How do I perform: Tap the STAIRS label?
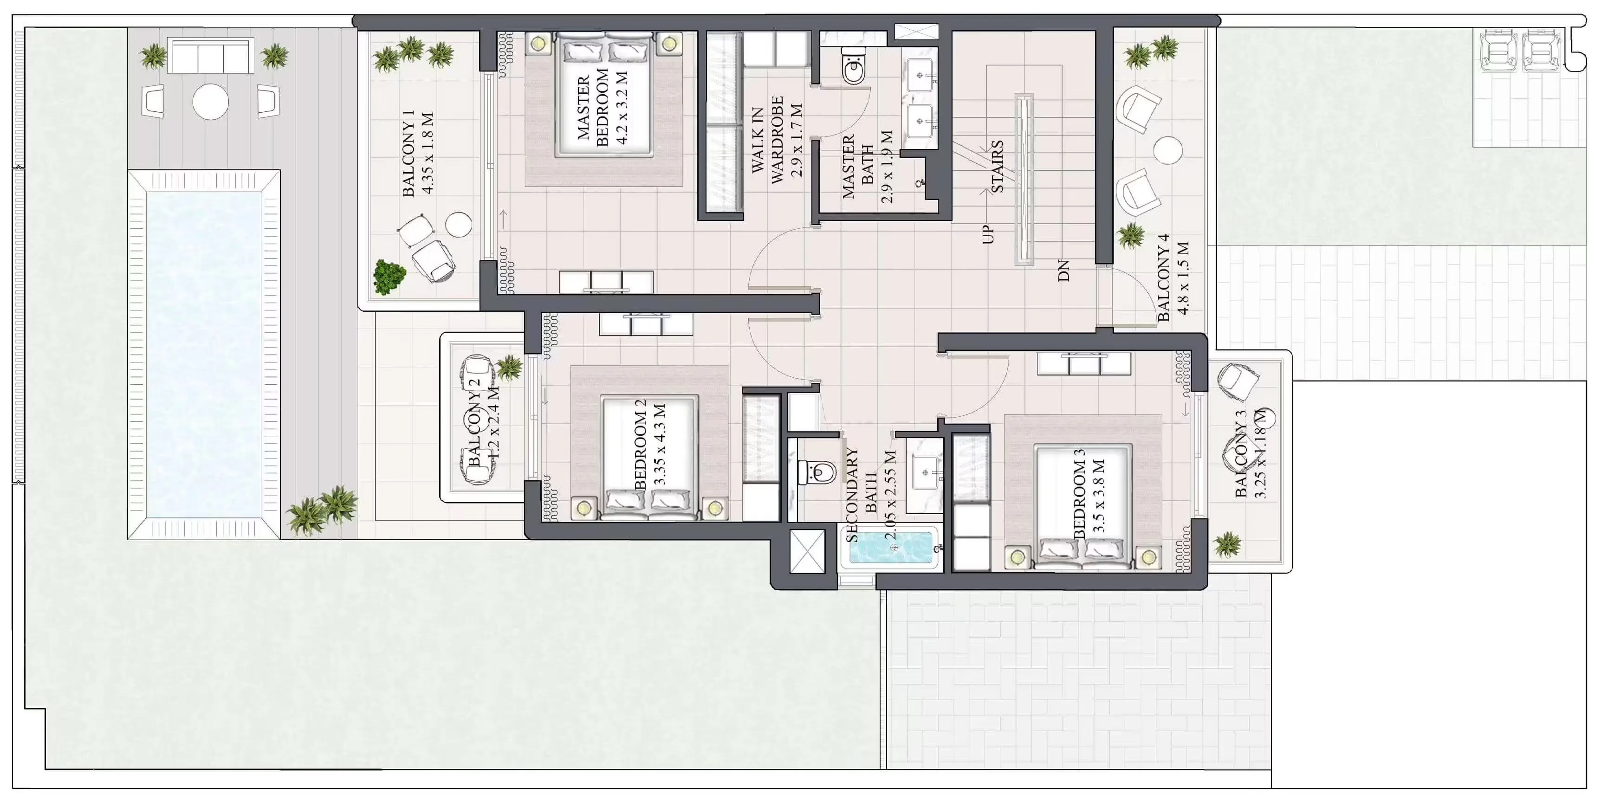[996, 166]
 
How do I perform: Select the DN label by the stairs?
[1063, 271]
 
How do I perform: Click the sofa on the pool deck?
[210, 56]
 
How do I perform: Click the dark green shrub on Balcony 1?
[389, 277]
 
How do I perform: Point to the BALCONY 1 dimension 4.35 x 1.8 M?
[427, 154]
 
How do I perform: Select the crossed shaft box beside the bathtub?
[807, 551]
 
